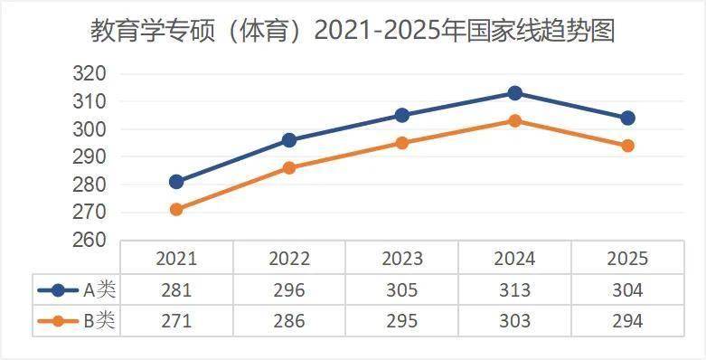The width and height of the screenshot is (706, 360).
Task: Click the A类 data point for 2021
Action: point(176,182)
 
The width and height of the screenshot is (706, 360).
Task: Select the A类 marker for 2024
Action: point(514,93)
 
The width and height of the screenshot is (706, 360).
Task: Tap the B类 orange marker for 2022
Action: point(289,168)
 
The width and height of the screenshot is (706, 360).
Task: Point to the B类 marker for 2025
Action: point(627,146)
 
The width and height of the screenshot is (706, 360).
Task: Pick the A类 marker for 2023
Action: point(402,116)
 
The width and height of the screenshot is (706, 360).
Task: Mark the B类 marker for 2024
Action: point(514,120)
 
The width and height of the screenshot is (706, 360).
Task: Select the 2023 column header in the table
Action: point(402,259)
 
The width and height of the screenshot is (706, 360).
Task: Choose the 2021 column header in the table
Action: point(176,259)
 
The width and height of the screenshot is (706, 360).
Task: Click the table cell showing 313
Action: point(514,290)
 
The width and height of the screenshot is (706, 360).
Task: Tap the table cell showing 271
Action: point(176,321)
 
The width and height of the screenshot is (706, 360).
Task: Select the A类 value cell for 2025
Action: point(627,290)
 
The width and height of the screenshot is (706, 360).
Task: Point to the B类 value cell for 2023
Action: point(402,321)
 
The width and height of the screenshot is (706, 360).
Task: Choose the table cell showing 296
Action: point(289,290)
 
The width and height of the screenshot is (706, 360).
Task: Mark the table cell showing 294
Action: point(627,321)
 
